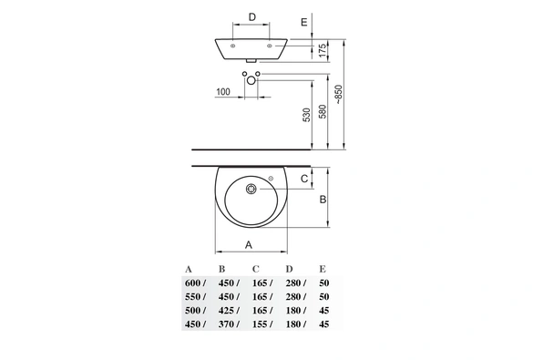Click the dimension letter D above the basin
click(x=251, y=17)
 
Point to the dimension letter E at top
click(x=303, y=22)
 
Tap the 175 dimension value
click(x=323, y=50)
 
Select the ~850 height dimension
click(x=338, y=94)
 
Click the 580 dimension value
click(x=323, y=111)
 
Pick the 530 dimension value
click(x=306, y=115)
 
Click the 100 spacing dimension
click(x=223, y=92)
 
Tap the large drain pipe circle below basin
click(x=251, y=81)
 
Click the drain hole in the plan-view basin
click(x=251, y=189)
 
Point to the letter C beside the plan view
click(x=304, y=179)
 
